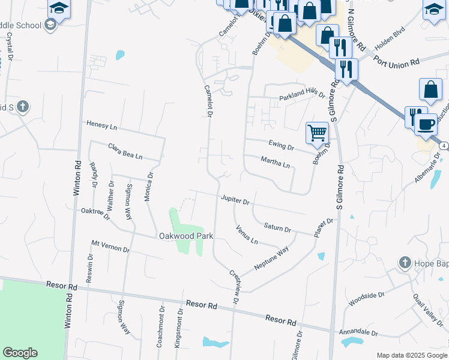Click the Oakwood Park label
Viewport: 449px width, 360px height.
tap(185, 236)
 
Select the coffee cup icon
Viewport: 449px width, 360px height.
tap(426, 125)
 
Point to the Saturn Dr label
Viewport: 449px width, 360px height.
tap(277, 227)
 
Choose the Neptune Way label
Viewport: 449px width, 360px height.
tap(271, 257)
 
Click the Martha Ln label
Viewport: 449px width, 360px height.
tap(276, 162)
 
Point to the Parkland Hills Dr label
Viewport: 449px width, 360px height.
tap(302, 96)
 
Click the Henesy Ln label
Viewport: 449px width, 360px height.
tap(101, 125)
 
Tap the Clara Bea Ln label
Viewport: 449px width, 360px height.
tap(125, 151)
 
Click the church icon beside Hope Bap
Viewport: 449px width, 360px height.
tap(405, 263)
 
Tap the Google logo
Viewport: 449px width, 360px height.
tap(20, 353)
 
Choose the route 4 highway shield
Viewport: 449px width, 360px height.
tap(443, 146)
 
